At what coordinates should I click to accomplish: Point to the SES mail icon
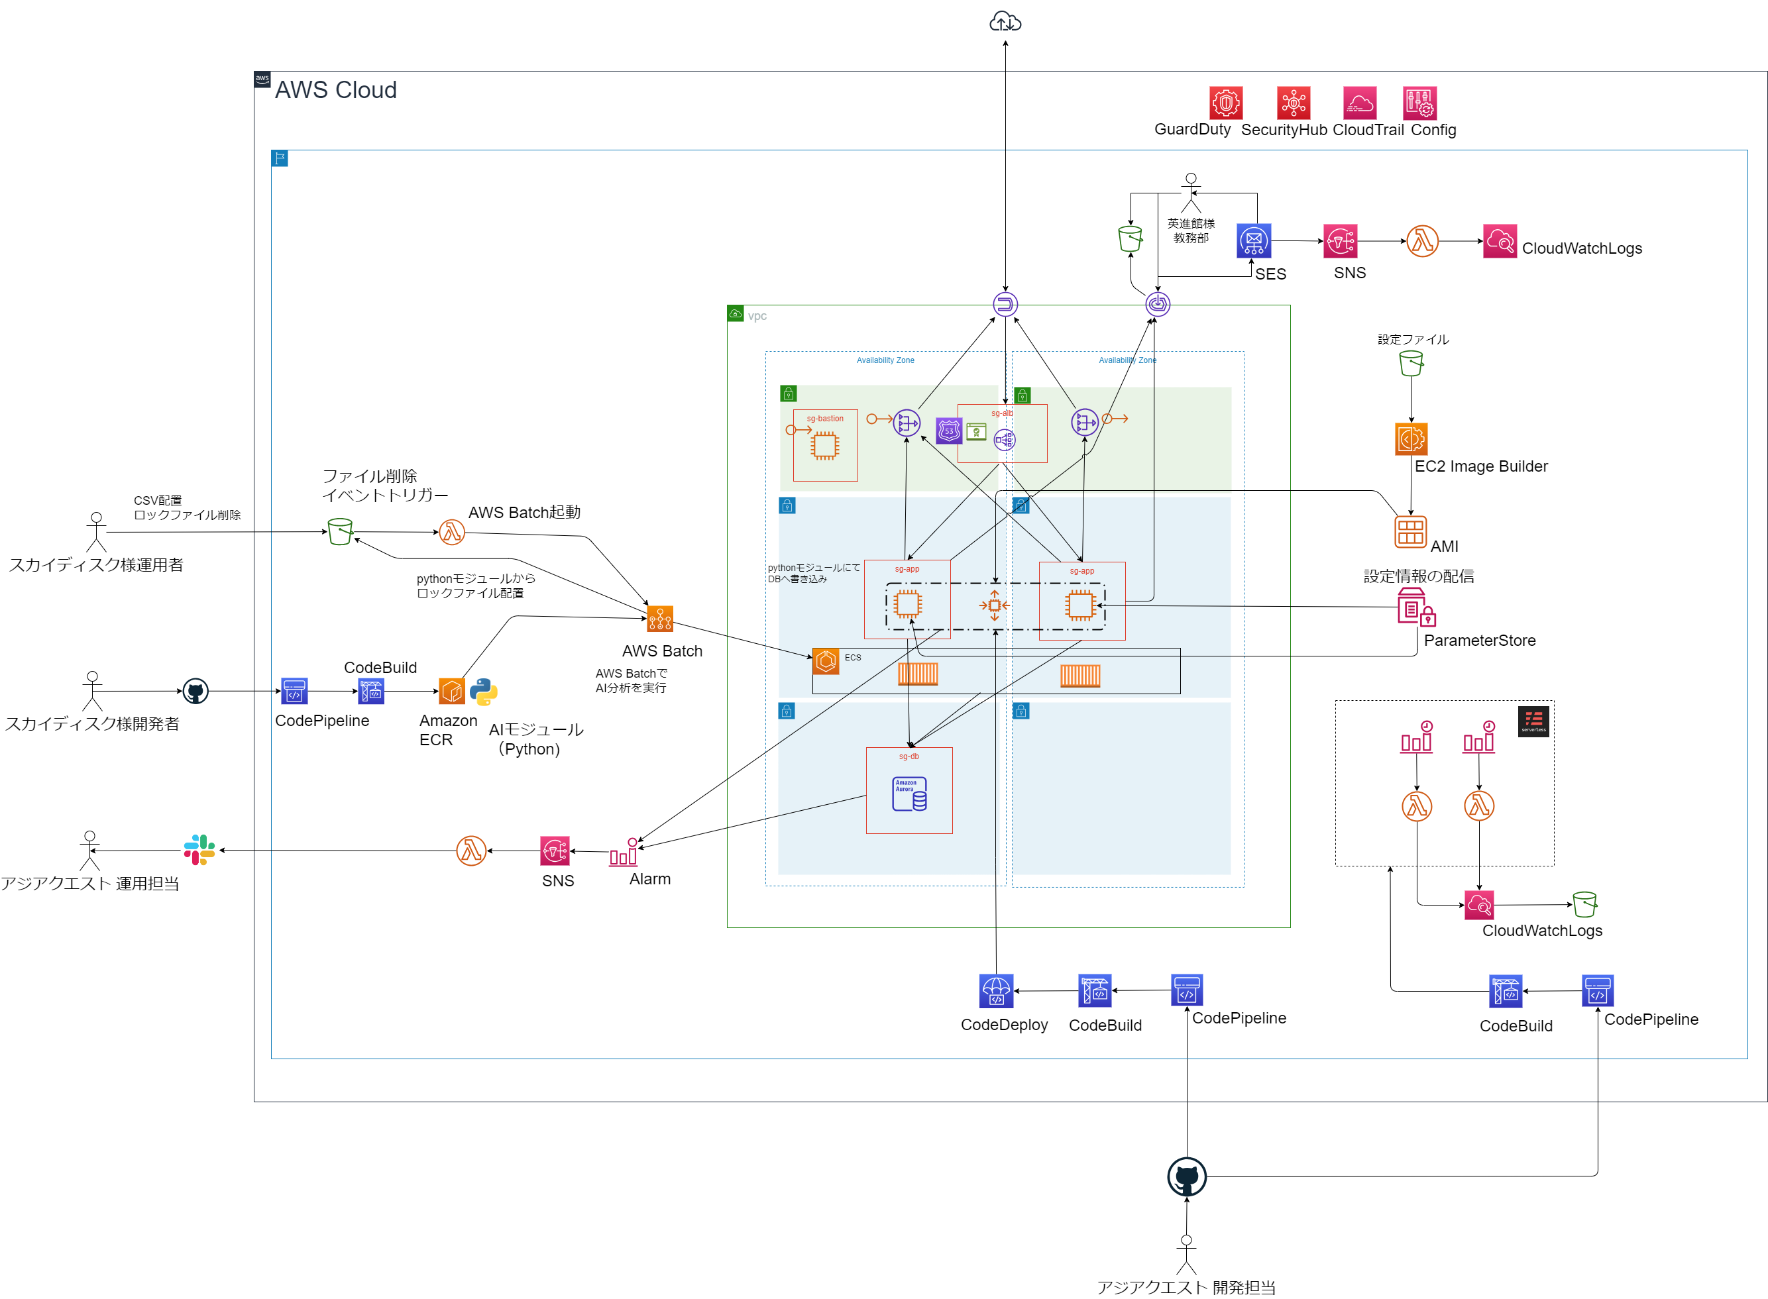tap(1253, 240)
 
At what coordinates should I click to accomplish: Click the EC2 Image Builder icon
tap(1410, 439)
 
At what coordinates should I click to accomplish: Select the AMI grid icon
tap(1409, 531)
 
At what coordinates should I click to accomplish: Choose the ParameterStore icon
tap(1415, 607)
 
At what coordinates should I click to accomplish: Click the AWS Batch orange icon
tap(659, 619)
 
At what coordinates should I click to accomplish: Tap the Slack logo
tap(199, 850)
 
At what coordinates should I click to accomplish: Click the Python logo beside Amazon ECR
tap(483, 692)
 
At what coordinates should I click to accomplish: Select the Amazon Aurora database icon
tap(909, 794)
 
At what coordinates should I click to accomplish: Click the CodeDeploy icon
tap(996, 991)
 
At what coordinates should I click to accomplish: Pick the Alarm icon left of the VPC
tap(624, 853)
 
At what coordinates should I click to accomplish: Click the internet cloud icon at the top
tap(1005, 22)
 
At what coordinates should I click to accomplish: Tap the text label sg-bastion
tap(824, 419)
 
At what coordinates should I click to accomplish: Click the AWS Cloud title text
tap(335, 89)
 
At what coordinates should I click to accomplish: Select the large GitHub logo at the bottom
tap(1186, 1177)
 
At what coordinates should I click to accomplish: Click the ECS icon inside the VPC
tap(825, 660)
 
